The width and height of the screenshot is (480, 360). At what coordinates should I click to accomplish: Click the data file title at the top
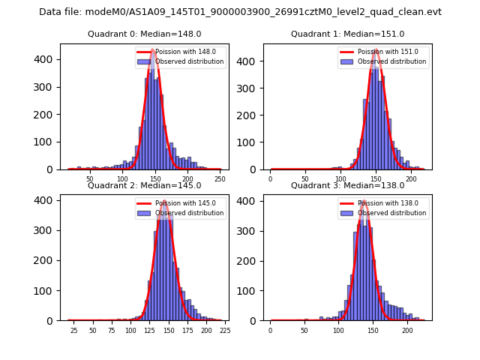point(240,12)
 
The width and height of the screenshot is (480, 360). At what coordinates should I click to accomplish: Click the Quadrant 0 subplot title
point(144,34)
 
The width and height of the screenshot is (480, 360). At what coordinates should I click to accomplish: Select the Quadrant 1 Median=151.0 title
point(347,34)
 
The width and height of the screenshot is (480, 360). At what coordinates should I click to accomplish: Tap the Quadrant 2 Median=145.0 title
point(144,185)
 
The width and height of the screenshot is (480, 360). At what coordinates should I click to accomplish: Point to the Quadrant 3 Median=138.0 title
point(347,185)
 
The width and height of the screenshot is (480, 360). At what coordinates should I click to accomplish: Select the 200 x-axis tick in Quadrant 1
point(411,180)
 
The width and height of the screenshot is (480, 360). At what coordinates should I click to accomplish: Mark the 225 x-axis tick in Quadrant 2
point(224,331)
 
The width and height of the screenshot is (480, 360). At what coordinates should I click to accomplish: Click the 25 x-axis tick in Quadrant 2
point(73,331)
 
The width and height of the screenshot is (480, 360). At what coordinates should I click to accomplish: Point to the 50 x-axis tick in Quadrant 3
point(304,331)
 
